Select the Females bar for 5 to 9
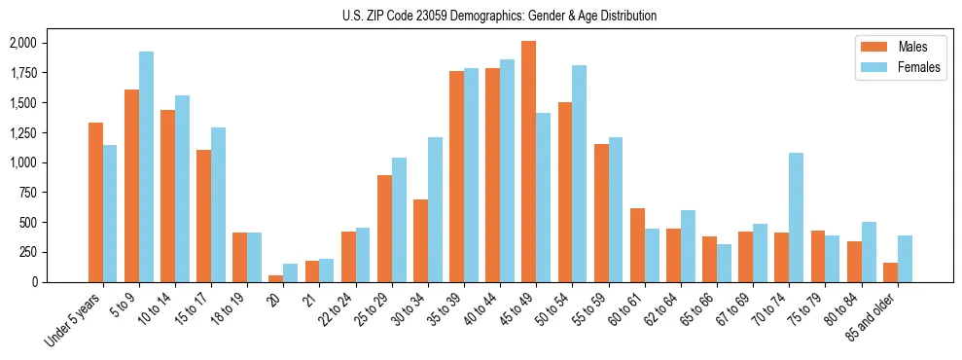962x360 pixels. pos(146,166)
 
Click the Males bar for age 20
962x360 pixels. pos(276,278)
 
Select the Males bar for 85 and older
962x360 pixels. pos(891,272)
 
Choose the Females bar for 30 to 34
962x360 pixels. pos(435,209)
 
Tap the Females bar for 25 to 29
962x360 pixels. pos(399,220)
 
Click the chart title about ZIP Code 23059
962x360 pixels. pos(499,16)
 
